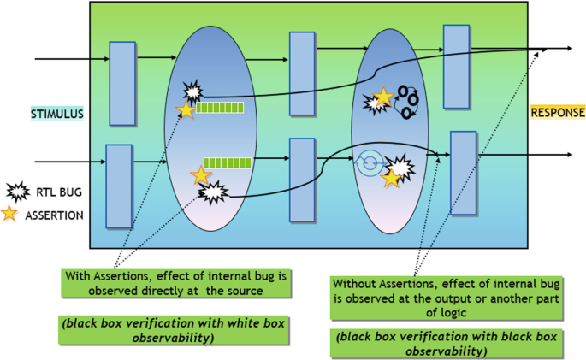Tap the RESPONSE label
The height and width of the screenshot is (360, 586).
coord(558,113)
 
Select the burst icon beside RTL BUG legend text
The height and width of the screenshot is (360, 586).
coord(18,192)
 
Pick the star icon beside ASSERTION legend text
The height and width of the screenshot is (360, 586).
coord(18,215)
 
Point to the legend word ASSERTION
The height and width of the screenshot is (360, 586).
coord(59,215)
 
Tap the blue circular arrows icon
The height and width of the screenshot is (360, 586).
coord(370,162)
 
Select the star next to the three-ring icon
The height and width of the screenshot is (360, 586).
coord(384,97)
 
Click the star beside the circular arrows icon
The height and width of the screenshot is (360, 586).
coord(392,178)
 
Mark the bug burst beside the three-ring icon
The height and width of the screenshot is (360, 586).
coord(375,104)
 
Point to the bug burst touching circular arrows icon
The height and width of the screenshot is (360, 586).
coord(400,164)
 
